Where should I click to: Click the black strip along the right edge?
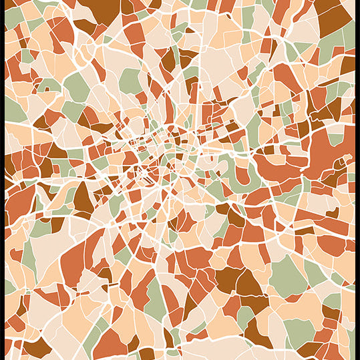click(357, 180)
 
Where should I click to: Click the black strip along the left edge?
click(2, 180)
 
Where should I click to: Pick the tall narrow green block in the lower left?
click(29, 257)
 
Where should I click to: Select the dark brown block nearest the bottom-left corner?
click(37, 347)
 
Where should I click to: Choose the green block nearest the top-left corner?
click(13, 17)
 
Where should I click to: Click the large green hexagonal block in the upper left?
click(77, 87)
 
